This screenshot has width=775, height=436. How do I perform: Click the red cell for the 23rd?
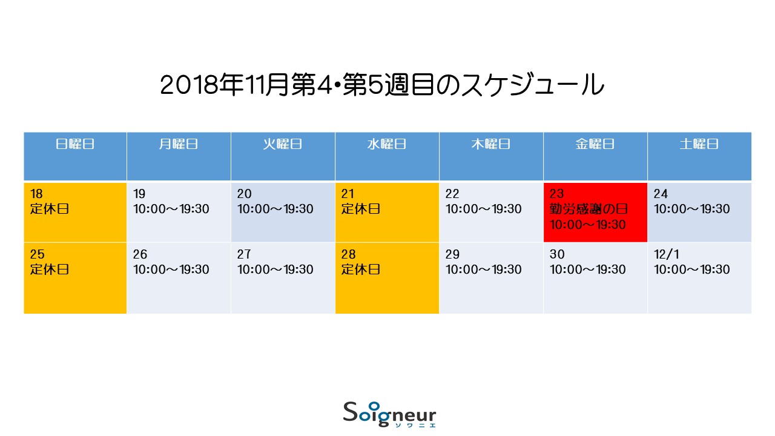(595, 212)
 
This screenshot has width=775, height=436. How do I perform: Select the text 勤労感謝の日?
(589, 209)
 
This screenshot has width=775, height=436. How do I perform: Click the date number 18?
(36, 194)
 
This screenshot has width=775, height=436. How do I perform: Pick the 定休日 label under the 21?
(360, 209)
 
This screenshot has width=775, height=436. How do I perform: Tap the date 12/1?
(667, 254)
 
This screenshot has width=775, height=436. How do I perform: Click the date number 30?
(557, 254)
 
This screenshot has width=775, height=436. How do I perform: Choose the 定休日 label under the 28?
(360, 269)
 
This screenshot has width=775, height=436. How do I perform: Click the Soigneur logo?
(389, 415)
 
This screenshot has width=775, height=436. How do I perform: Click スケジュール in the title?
(533, 85)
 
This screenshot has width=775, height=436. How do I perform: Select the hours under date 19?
(171, 209)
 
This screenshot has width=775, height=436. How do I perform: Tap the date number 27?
(244, 254)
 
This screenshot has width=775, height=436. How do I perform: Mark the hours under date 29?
(484, 269)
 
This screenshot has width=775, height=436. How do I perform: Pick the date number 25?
(37, 254)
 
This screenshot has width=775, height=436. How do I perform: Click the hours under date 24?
(692, 209)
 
